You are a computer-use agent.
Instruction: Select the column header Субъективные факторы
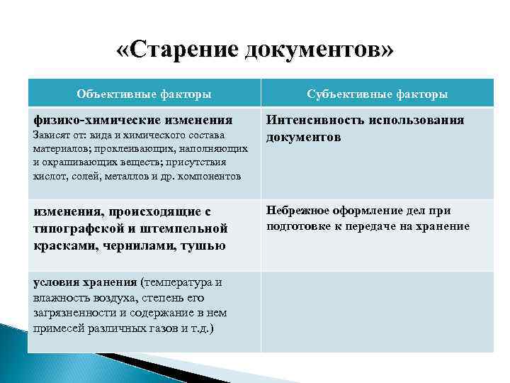377,93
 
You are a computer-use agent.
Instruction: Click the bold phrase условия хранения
84,282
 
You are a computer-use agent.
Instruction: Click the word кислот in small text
47,176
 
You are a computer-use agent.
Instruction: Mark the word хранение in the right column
444,226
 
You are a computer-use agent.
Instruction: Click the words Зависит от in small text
54,135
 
